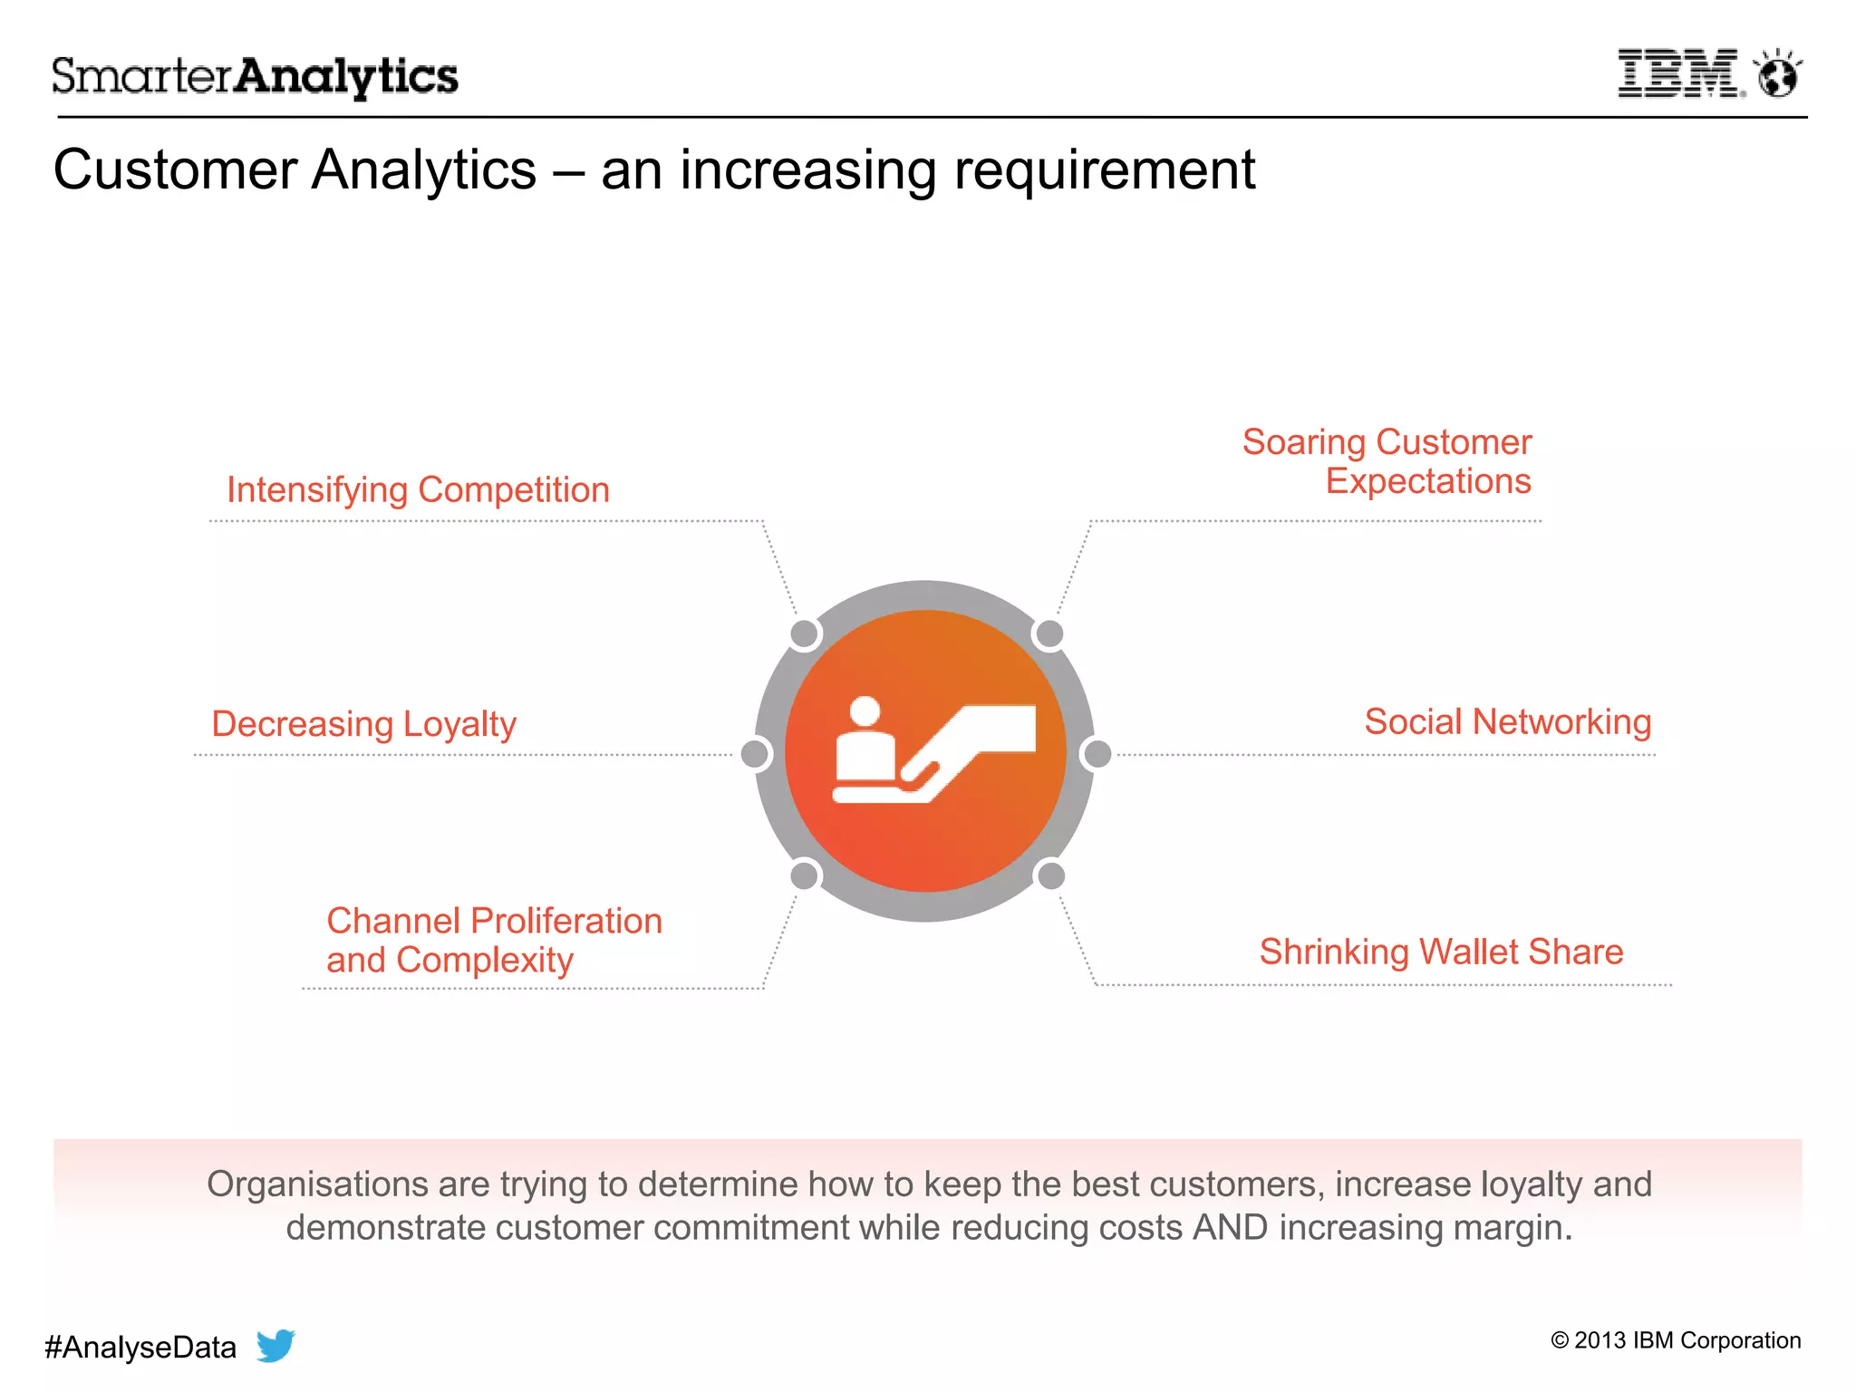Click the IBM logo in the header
click(1678, 74)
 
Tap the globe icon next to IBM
click(1777, 75)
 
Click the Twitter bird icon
click(275, 1345)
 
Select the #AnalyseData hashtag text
click(140, 1348)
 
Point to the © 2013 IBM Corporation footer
click(1676, 1340)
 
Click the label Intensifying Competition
click(418, 490)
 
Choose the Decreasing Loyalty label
click(363, 724)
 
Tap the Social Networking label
click(1507, 722)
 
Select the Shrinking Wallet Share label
click(1441, 952)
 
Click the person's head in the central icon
click(865, 710)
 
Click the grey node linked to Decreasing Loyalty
click(756, 753)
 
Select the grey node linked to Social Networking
click(1097, 753)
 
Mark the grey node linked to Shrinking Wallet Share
click(1050, 875)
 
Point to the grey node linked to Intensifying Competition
click(805, 633)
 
